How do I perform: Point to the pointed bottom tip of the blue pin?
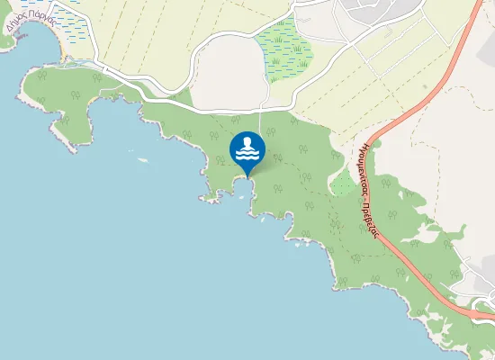(247, 177)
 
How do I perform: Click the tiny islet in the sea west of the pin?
(143, 161)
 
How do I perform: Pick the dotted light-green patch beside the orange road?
(343, 184)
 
